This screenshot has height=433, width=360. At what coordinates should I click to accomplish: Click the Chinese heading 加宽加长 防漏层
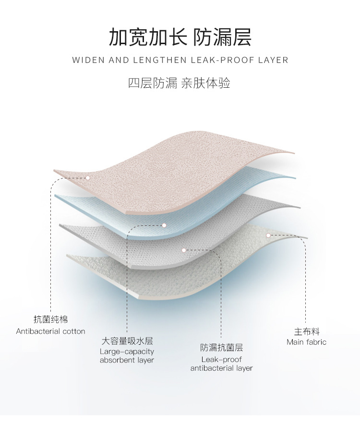pyautogui.click(x=180, y=37)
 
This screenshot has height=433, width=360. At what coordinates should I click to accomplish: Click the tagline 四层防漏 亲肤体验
pyautogui.click(x=180, y=83)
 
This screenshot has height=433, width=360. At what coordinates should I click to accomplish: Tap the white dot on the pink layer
pyautogui.click(x=88, y=177)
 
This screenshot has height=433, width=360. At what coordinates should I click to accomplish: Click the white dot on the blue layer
pyautogui.click(x=164, y=225)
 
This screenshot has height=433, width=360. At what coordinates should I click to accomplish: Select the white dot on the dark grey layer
pyautogui.click(x=184, y=250)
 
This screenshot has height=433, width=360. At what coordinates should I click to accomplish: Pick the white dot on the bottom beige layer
pyautogui.click(x=268, y=235)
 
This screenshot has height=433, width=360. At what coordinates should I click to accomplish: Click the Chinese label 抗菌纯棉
pyautogui.click(x=50, y=319)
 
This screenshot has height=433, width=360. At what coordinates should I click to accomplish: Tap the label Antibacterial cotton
pyautogui.click(x=50, y=331)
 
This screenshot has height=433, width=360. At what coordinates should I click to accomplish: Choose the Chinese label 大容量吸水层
pyautogui.click(x=127, y=341)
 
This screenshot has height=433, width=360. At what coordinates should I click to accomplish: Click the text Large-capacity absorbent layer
pyautogui.click(x=127, y=356)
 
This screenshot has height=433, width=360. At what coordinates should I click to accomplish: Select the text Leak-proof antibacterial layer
pyautogui.click(x=221, y=364)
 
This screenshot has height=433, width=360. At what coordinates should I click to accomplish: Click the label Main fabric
pyautogui.click(x=306, y=342)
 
